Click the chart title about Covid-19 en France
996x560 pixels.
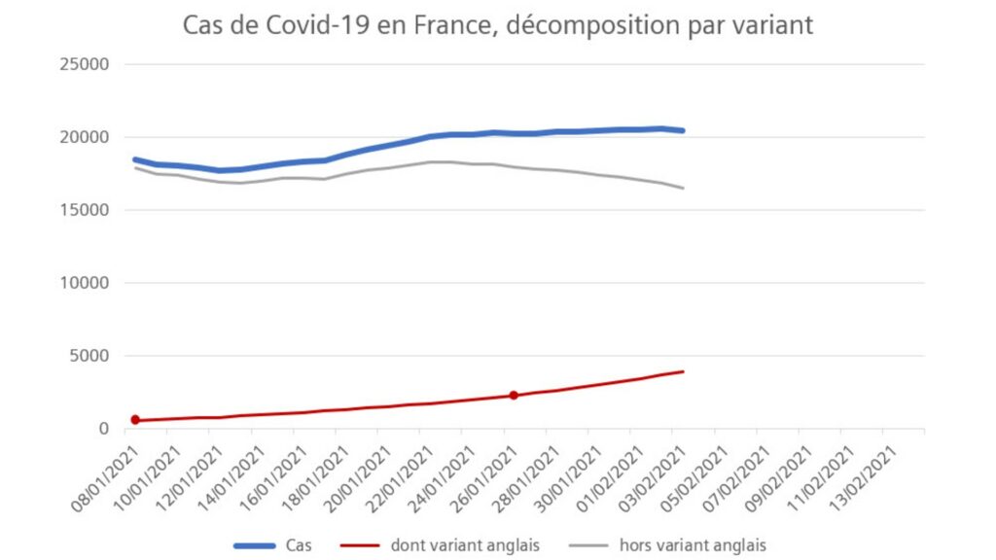pyautogui.click(x=497, y=25)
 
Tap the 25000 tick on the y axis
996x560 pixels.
pyautogui.click(x=85, y=64)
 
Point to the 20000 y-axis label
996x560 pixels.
pyautogui.click(x=85, y=137)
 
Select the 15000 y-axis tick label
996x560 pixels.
pyautogui.click(x=85, y=210)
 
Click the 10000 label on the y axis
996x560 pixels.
pyautogui.click(x=85, y=283)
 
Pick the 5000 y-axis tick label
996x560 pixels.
pyautogui.click(x=89, y=356)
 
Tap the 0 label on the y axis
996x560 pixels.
pyautogui.click(x=104, y=429)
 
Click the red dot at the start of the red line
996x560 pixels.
pyautogui.click(x=135, y=420)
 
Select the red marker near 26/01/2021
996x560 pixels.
pyautogui.click(x=514, y=396)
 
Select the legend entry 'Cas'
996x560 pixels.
pyautogui.click(x=273, y=545)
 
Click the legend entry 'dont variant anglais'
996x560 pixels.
pyautogui.click(x=440, y=545)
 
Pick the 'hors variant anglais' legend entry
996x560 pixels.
pyautogui.click(x=668, y=545)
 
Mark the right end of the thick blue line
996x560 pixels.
pyautogui.click(x=683, y=131)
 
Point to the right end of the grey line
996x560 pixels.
pyautogui.click(x=683, y=188)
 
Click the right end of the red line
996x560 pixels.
pyautogui.click(x=683, y=371)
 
